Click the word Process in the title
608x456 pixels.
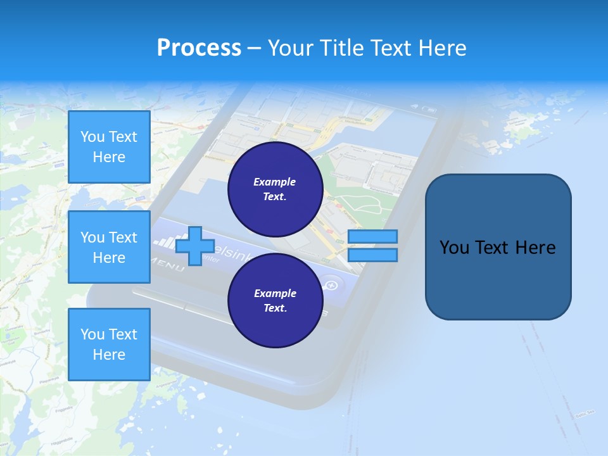[199, 48]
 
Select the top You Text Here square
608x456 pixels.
[109, 147]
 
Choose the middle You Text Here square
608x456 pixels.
[109, 247]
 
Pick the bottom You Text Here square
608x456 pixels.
[109, 345]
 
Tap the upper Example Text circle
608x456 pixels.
[275, 189]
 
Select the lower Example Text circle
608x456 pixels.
[275, 301]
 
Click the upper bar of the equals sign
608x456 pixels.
[372, 236]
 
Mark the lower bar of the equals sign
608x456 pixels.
[372, 255]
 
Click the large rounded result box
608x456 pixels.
[498, 247]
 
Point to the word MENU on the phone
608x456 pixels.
[166, 265]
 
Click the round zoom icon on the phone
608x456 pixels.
[331, 286]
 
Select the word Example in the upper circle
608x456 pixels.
[275, 182]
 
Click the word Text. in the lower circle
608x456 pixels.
[275, 308]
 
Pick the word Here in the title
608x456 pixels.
[441, 48]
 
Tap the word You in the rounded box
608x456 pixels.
[453, 248]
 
